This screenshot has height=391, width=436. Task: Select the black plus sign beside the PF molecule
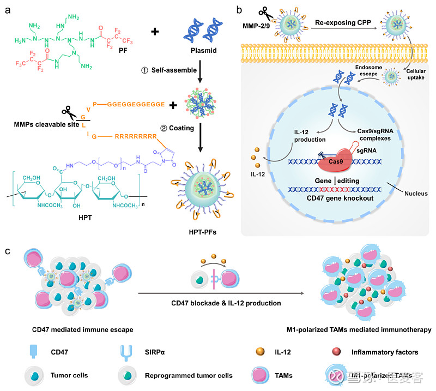[x=155, y=32]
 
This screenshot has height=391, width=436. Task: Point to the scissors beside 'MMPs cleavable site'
[x=69, y=113]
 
